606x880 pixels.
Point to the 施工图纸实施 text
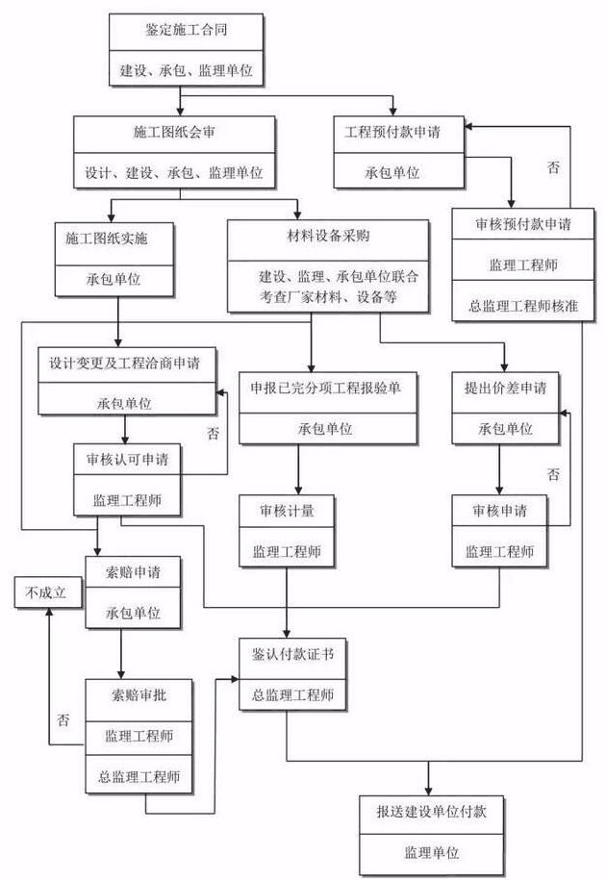click(x=114, y=238)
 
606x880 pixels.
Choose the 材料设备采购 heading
click(x=329, y=236)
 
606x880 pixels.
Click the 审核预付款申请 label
click(x=523, y=224)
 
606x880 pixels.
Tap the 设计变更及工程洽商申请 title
click(x=125, y=365)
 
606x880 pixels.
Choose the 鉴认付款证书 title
click(x=287, y=654)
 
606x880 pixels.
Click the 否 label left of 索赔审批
click(x=63, y=719)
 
